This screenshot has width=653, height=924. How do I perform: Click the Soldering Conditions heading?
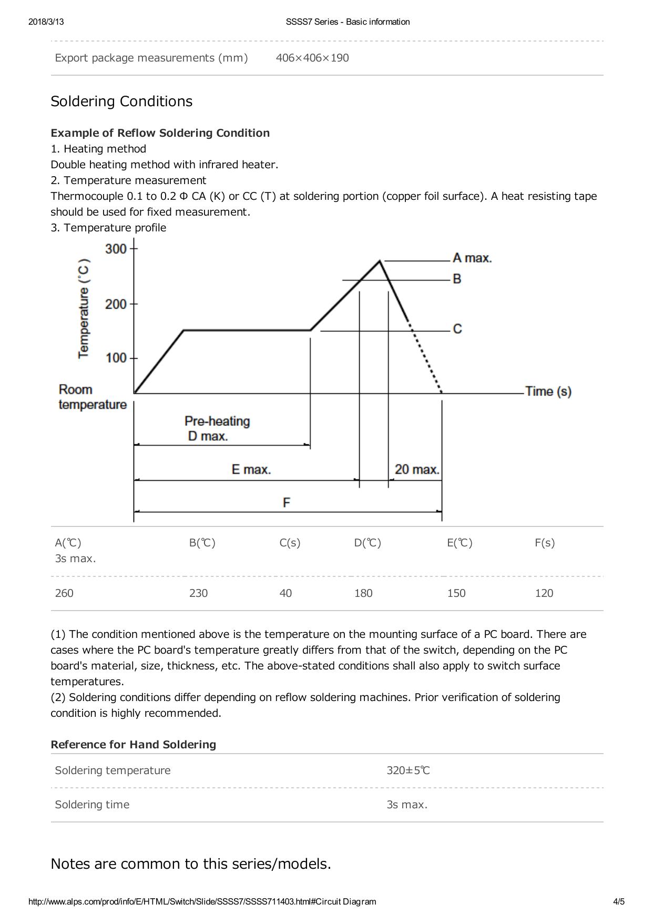[121, 101]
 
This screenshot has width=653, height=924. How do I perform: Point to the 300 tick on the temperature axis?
[116, 248]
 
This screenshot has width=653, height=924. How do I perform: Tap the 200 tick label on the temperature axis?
[116, 304]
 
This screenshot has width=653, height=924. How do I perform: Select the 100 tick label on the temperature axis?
[116, 358]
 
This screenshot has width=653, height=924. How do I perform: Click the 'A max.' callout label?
[472, 258]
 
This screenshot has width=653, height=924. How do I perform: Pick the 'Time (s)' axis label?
[548, 391]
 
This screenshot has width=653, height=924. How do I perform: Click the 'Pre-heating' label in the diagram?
[217, 421]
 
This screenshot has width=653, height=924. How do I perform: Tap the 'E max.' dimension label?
[251, 469]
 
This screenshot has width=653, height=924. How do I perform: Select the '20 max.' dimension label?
[417, 469]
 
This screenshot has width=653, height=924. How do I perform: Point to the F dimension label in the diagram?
[287, 503]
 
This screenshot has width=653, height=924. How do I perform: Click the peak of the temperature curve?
[380, 260]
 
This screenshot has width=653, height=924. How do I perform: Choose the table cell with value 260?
[65, 593]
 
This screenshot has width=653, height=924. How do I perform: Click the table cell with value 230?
[198, 593]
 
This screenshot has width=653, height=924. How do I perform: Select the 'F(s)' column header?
[545, 543]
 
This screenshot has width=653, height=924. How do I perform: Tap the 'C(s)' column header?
[290, 543]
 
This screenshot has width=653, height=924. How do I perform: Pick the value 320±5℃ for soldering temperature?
[409, 770]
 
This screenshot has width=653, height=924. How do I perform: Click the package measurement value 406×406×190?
[312, 58]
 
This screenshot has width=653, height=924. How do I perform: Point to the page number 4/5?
[619, 901]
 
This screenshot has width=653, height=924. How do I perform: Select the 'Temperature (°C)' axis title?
[84, 309]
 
